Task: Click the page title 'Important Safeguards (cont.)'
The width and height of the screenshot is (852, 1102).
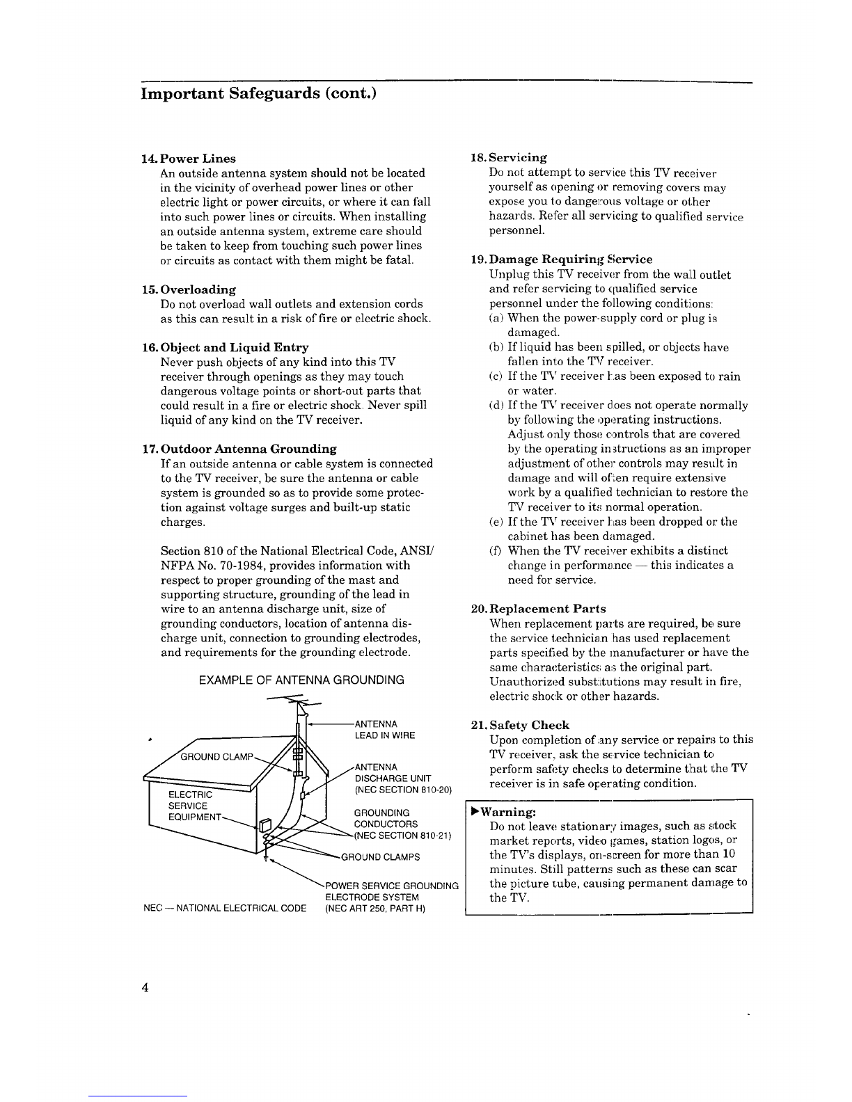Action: [258, 94]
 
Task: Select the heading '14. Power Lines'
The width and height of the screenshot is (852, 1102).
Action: [188, 159]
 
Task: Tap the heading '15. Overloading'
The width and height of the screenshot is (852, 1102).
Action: [188, 289]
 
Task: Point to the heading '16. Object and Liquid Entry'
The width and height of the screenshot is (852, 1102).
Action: [225, 347]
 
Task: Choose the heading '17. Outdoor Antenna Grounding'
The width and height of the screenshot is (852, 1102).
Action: [239, 449]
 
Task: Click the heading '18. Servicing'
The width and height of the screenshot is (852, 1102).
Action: [509, 158]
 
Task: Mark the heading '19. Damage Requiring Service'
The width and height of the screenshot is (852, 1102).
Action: [562, 259]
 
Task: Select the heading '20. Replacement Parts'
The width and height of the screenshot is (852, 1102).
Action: [538, 609]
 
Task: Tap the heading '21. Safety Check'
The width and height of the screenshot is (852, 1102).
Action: [520, 725]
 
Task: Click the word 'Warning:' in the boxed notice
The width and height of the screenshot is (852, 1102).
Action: [508, 812]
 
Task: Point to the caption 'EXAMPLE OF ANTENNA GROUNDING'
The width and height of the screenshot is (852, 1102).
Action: [301, 680]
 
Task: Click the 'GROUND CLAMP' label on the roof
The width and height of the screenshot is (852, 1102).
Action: [216, 757]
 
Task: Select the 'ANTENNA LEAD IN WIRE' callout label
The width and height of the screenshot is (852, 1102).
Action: [385, 730]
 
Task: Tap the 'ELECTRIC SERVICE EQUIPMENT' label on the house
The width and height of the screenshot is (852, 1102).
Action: [196, 806]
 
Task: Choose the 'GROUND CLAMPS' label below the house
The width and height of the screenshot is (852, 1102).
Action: [381, 857]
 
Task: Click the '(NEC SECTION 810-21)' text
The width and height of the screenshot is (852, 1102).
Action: [402, 836]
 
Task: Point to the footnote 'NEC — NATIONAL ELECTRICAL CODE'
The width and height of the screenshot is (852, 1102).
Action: [225, 908]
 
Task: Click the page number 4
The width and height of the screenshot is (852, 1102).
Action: [145, 987]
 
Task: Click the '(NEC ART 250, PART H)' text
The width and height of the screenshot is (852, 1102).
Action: [375, 909]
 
